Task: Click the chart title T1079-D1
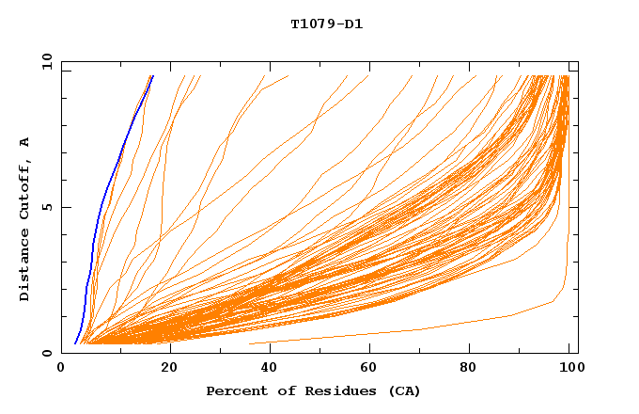pyautogui.click(x=326, y=24)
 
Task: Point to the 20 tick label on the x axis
pyautogui.click(x=169, y=367)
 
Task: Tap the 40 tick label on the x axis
pyautogui.click(x=269, y=367)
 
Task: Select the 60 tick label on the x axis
pyautogui.click(x=369, y=367)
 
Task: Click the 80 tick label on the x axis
pyautogui.click(x=469, y=367)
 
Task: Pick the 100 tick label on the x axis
pyautogui.click(x=569, y=367)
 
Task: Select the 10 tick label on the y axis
pyautogui.click(x=46, y=61)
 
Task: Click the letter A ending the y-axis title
pyautogui.click(x=24, y=142)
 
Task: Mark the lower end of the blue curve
pyautogui.click(x=75, y=343)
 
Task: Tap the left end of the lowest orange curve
pyautogui.click(x=250, y=343)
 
